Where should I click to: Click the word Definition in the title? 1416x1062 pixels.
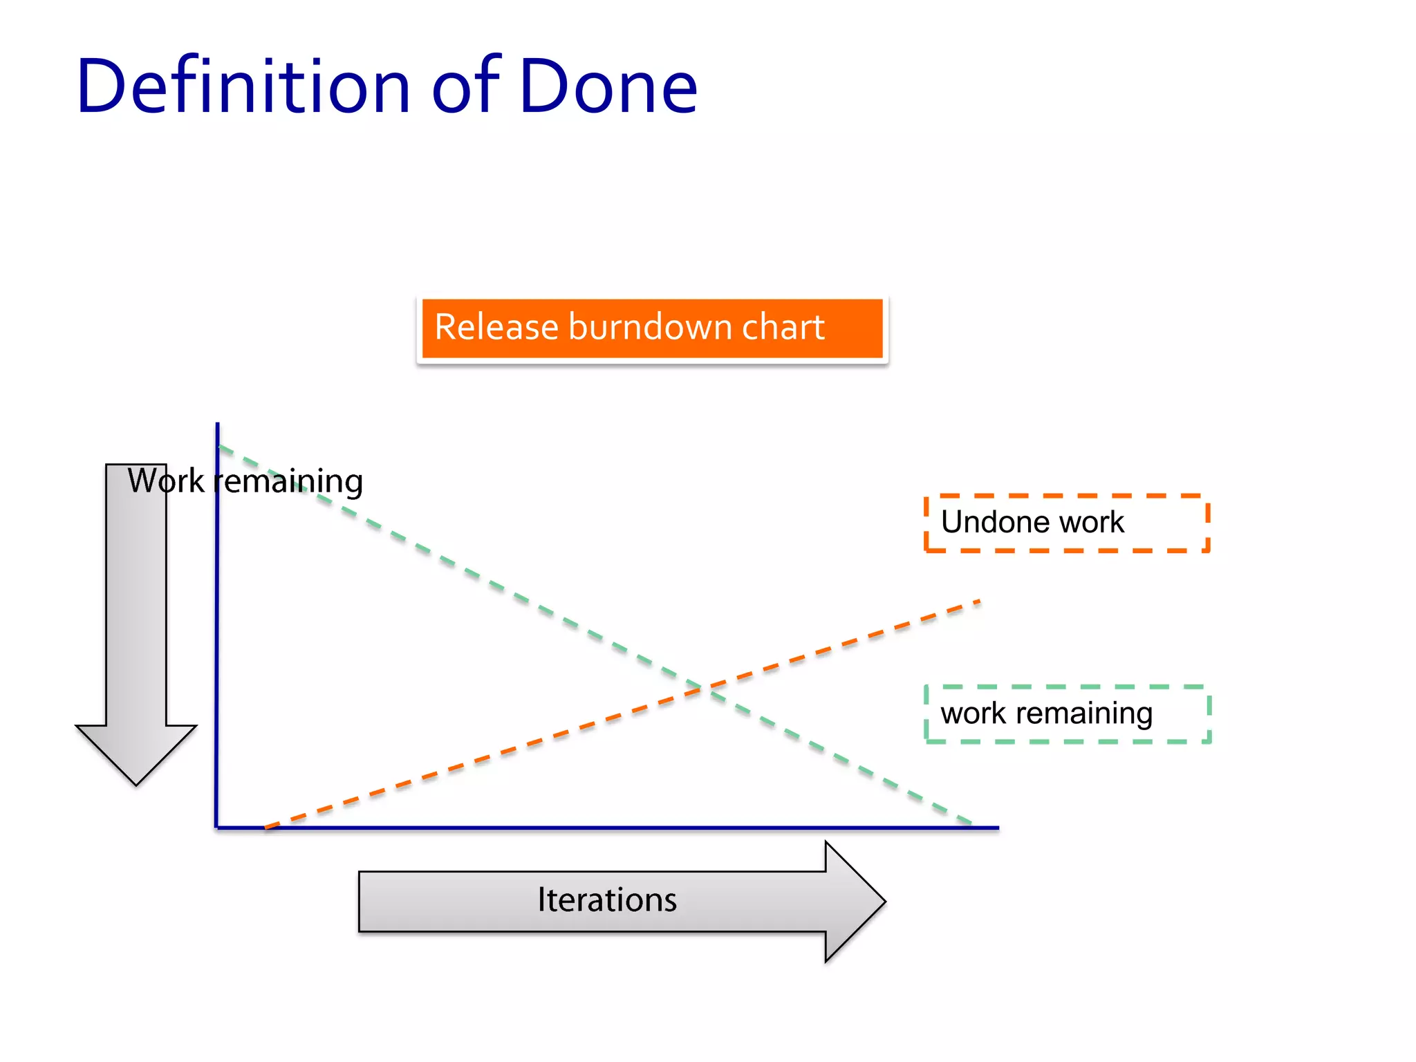coord(243,86)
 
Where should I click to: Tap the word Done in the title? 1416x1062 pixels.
coord(608,86)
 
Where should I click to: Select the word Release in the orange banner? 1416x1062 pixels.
coord(496,327)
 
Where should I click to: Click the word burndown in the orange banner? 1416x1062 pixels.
coord(648,327)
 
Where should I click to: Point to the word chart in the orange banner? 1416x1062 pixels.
coord(783,327)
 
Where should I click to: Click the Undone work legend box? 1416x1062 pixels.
coord(1067,523)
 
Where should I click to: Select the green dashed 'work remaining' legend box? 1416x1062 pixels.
coord(1067,714)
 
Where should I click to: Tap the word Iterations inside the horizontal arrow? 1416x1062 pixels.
coord(607,900)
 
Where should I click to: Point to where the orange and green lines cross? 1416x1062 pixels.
coord(702,688)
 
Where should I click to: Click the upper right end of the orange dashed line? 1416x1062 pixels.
coord(978,602)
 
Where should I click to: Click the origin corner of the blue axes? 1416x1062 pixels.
coord(217,827)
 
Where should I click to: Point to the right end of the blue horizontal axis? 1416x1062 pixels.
coord(997,827)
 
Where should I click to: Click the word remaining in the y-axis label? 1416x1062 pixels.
coord(288,482)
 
